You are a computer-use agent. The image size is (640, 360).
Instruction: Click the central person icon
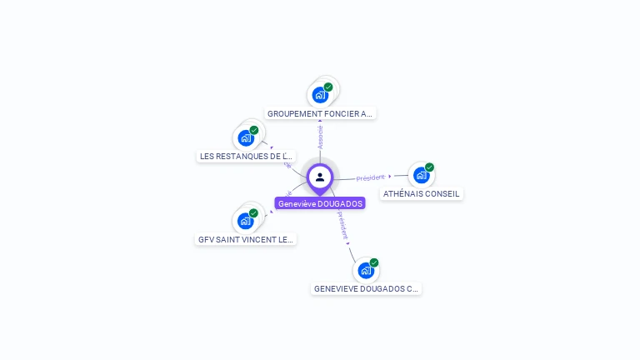(320, 177)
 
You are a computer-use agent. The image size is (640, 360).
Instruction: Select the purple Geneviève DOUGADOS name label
(320, 203)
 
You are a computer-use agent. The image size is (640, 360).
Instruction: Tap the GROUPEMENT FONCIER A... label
(320, 113)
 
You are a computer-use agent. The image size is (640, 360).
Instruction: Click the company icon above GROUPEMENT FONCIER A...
(320, 95)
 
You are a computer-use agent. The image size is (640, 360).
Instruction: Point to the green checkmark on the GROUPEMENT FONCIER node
(328, 87)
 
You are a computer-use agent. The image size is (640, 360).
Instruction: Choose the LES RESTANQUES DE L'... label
(247, 156)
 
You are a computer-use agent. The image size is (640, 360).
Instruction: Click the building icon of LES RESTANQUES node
(246, 138)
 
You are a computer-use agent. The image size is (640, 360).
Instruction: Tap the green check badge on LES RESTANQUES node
(254, 130)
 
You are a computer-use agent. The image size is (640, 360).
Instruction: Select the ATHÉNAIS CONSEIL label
(421, 193)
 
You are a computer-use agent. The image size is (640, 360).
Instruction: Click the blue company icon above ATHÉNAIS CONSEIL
(421, 176)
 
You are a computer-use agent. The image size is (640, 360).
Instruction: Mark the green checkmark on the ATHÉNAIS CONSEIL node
(429, 167)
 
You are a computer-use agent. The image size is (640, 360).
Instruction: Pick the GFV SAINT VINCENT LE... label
(246, 239)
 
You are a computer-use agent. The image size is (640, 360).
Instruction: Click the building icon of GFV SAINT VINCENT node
(245, 221)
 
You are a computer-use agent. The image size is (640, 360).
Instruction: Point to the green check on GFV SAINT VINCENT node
(253, 212)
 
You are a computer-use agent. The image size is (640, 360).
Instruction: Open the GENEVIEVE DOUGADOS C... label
(366, 288)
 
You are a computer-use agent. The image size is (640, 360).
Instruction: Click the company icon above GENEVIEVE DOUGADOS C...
(365, 271)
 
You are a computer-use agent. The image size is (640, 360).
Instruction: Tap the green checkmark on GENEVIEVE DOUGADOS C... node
(374, 262)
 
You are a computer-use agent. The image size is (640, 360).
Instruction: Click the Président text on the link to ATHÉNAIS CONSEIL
(370, 177)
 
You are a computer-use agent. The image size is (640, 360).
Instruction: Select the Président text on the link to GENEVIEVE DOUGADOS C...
(342, 225)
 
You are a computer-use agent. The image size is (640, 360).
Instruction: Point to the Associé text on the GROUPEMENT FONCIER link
(321, 137)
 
